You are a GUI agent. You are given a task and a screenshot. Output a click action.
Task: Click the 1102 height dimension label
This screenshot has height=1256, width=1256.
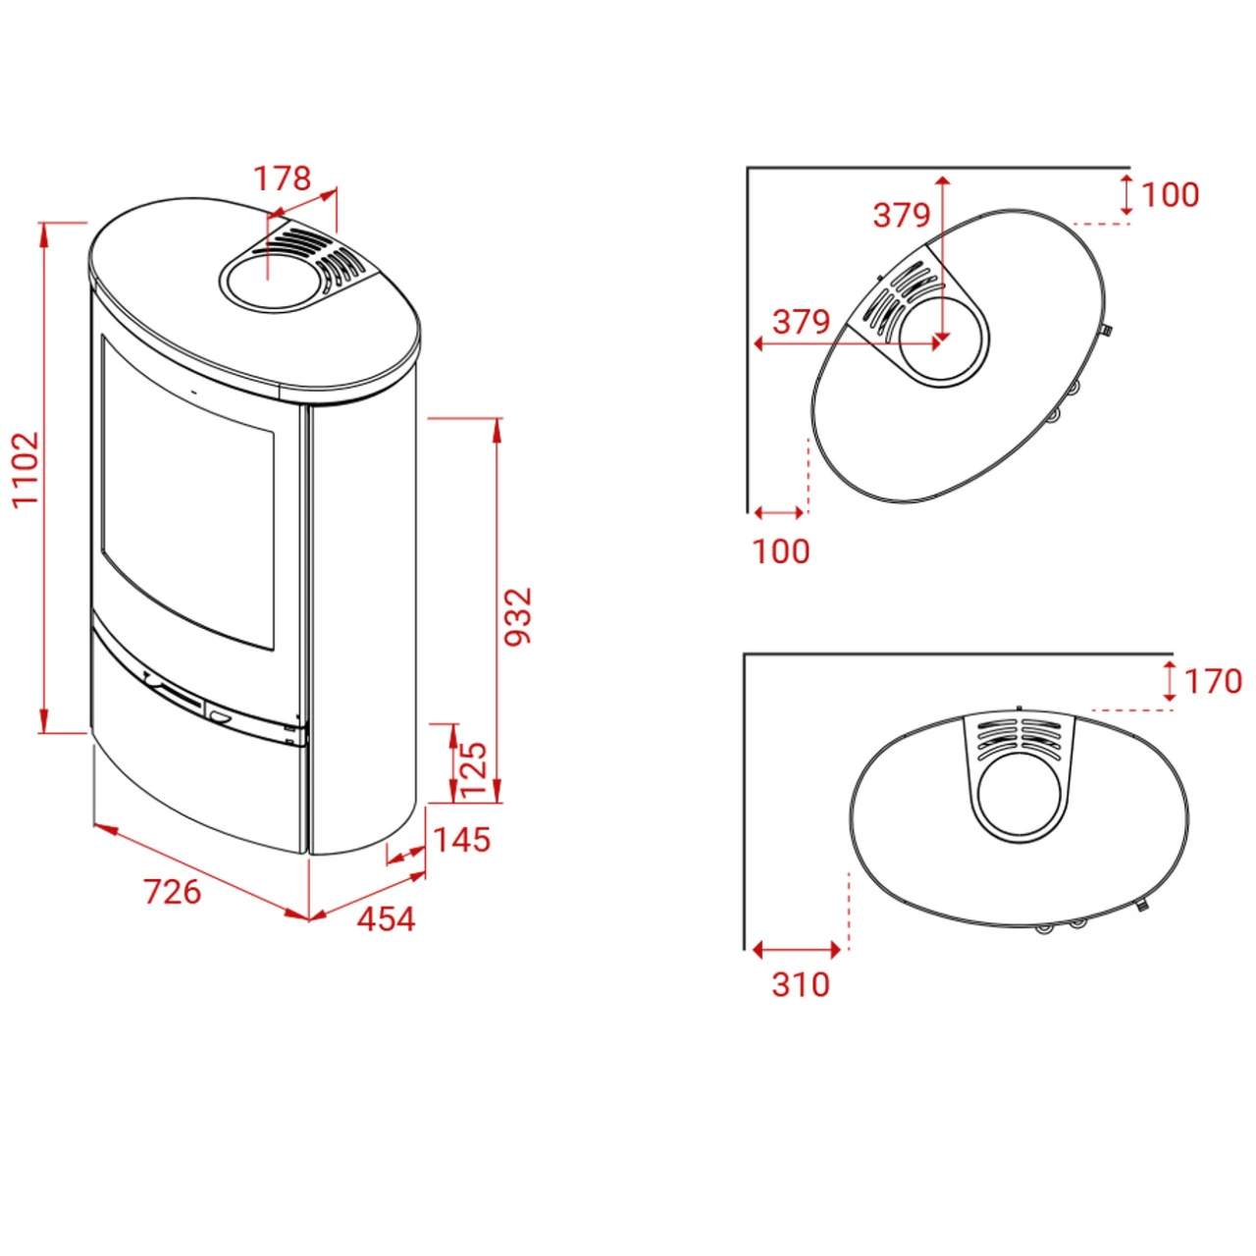coord(26,469)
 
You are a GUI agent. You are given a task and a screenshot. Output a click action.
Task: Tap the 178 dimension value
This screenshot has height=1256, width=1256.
coord(282,178)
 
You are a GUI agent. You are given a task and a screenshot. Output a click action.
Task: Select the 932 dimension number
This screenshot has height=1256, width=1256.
coord(519,616)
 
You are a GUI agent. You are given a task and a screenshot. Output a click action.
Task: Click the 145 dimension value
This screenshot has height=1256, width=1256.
coord(461,840)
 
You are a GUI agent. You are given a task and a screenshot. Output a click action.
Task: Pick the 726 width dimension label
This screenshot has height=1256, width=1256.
coord(173,891)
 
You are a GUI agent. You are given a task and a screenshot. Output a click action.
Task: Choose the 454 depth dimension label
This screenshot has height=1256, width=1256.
coord(386,919)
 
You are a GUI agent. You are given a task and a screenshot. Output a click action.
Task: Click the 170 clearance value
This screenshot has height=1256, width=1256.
coord(1213,682)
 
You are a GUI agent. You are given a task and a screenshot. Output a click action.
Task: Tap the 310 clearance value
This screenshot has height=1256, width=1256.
coord(801,985)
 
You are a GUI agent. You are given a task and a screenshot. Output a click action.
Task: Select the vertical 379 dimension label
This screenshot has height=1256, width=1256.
coord(902,215)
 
